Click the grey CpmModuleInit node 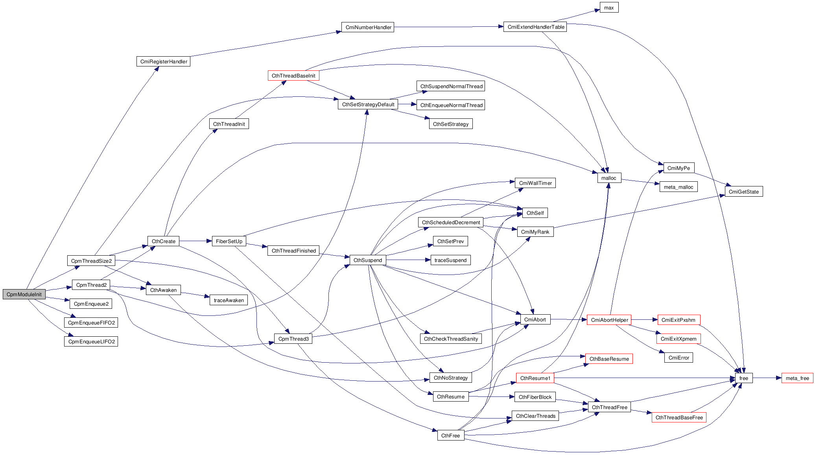tap(24, 294)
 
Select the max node tap(609, 8)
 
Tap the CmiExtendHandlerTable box tap(535, 27)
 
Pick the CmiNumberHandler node tap(368, 27)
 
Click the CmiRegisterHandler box tap(163, 62)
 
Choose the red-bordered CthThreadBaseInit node tap(293, 76)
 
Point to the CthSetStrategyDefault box tap(368, 105)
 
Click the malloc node tap(609, 178)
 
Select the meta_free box tap(797, 378)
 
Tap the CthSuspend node tap(368, 260)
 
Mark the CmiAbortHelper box tap(609, 320)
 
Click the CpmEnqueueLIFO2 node tap(91, 342)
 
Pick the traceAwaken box tap(229, 301)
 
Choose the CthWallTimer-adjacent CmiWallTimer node tap(535, 183)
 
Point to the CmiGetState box tap(743, 192)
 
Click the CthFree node tap(450, 436)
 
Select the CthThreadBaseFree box tap(679, 418)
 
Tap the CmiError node tap(679, 358)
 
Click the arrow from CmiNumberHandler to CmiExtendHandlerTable tap(448, 27)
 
